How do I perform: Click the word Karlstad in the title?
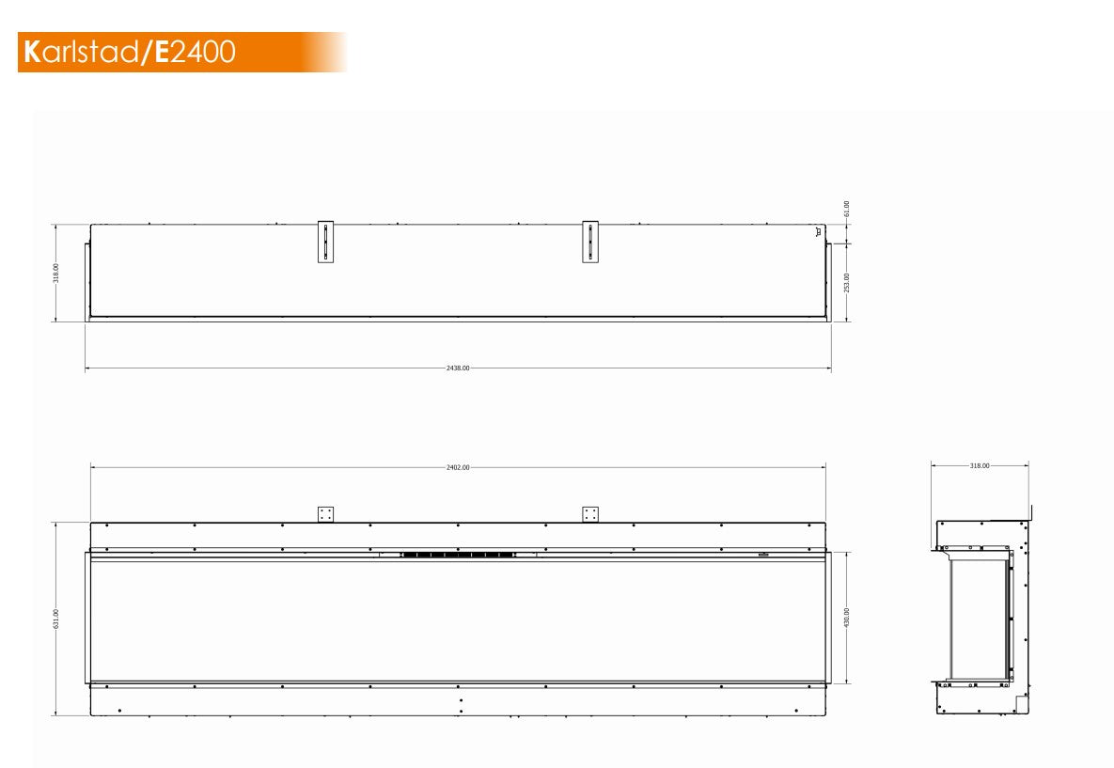click(81, 52)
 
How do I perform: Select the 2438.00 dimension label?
click(458, 368)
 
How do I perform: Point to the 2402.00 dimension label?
click(458, 467)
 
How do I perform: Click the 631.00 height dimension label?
click(56, 619)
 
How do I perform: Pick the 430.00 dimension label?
click(846, 617)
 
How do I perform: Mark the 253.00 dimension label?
click(846, 282)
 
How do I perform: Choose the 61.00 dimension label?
click(846, 208)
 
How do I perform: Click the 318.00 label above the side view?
click(979, 465)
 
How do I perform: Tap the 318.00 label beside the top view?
click(56, 273)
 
